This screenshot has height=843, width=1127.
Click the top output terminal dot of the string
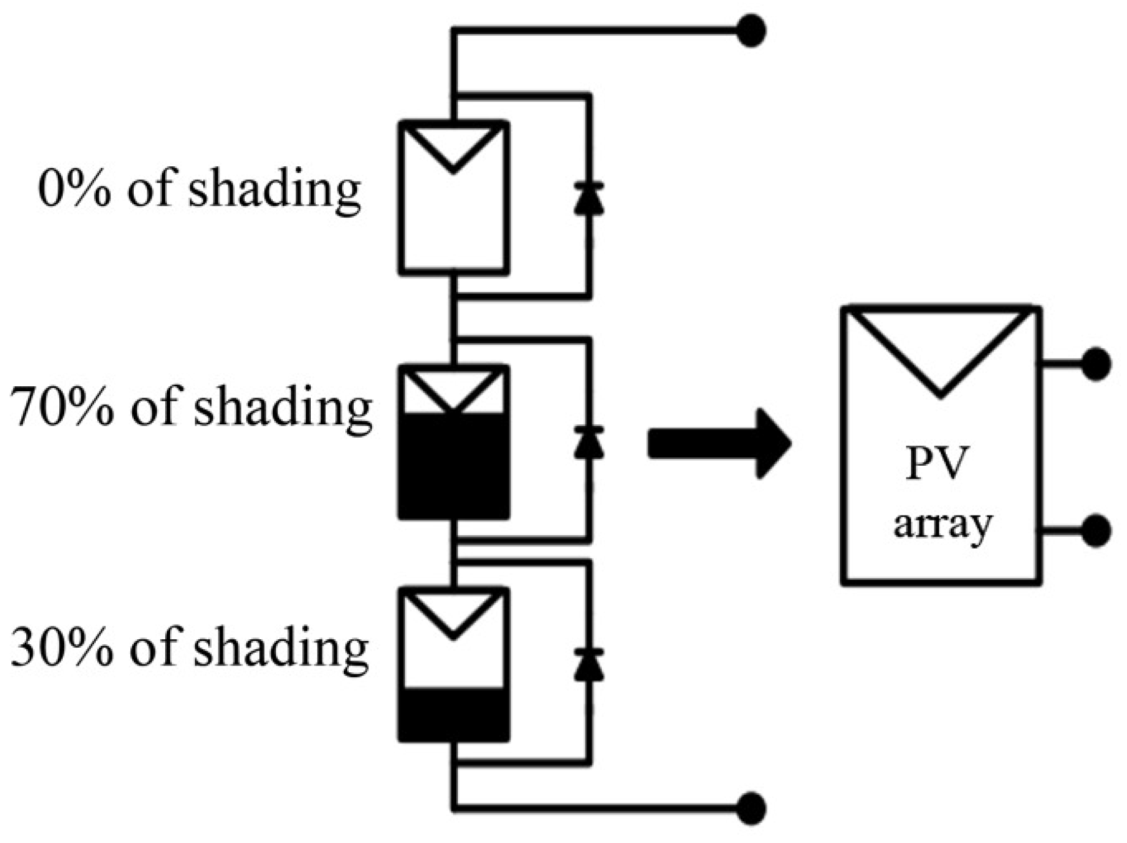(751, 31)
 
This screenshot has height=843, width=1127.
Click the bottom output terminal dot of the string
(751, 808)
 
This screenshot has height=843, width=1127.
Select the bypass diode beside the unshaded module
(589, 198)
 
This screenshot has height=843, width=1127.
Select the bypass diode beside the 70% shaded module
(589, 442)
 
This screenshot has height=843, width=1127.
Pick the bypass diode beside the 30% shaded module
(589, 665)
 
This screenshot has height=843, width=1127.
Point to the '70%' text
(62, 408)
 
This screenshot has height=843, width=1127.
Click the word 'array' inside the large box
(942, 524)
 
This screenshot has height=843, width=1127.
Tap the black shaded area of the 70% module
(453, 465)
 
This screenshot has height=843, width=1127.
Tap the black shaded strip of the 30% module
(453, 713)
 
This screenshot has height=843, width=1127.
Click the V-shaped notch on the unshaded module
(453, 148)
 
